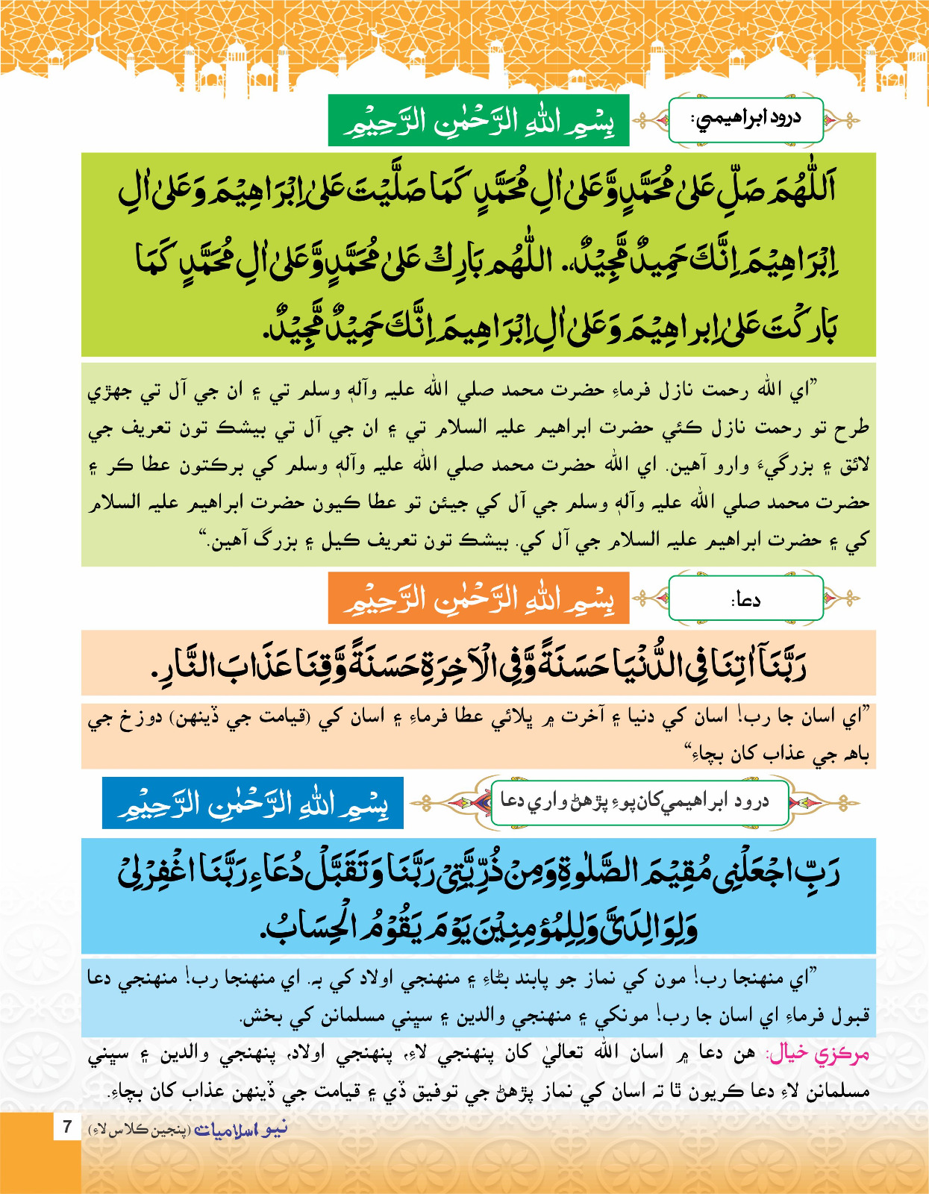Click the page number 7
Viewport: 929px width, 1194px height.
pyautogui.click(x=67, y=1126)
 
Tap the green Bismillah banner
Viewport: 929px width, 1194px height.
pyautogui.click(x=478, y=121)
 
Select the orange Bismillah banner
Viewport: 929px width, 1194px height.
pyautogui.click(x=478, y=598)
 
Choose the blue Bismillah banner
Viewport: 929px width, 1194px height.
pyautogui.click(x=253, y=803)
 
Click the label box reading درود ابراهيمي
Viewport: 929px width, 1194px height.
pyautogui.click(x=745, y=119)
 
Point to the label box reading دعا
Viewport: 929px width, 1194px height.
pyautogui.click(x=745, y=598)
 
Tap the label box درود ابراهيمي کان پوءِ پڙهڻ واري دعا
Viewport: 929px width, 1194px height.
pyautogui.click(x=639, y=802)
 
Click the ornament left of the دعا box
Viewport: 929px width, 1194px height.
pyautogui.click(x=650, y=598)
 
